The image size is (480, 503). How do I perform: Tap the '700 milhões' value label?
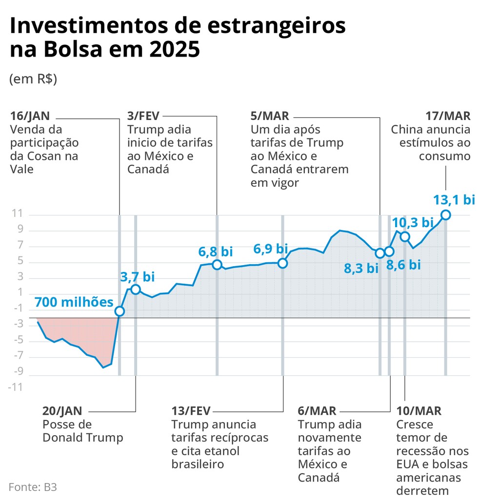coord(74,302)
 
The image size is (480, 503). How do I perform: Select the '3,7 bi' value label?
coord(137,277)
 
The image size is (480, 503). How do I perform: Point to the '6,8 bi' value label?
coord(216,251)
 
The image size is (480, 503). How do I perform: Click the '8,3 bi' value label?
coord(361,268)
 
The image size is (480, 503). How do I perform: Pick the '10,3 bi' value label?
coord(413,223)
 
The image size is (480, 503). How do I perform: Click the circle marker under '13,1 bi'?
coord(445,215)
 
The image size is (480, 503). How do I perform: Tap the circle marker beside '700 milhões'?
coord(120,311)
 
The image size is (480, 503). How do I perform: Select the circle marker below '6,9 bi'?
coord(282,263)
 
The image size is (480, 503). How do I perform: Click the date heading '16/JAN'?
coord(30,116)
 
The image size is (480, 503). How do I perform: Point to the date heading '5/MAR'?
coord(270,116)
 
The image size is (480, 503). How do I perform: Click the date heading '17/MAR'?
coord(448,116)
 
